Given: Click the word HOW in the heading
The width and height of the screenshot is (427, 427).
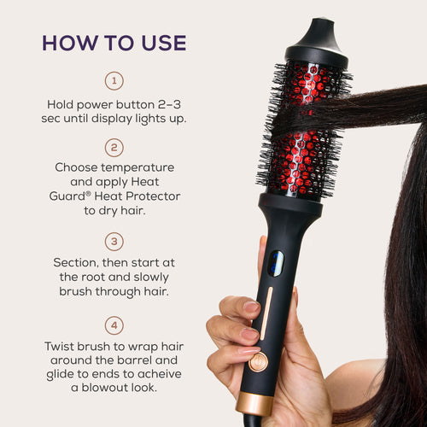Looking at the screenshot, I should (x=67, y=42).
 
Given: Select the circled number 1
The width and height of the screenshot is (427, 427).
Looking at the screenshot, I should (x=114, y=81).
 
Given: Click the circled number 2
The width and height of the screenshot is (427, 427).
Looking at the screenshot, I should (x=114, y=146).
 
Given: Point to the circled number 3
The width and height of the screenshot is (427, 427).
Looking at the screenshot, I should (x=114, y=242).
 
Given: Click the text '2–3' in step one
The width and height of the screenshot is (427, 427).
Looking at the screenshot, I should (x=173, y=104).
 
